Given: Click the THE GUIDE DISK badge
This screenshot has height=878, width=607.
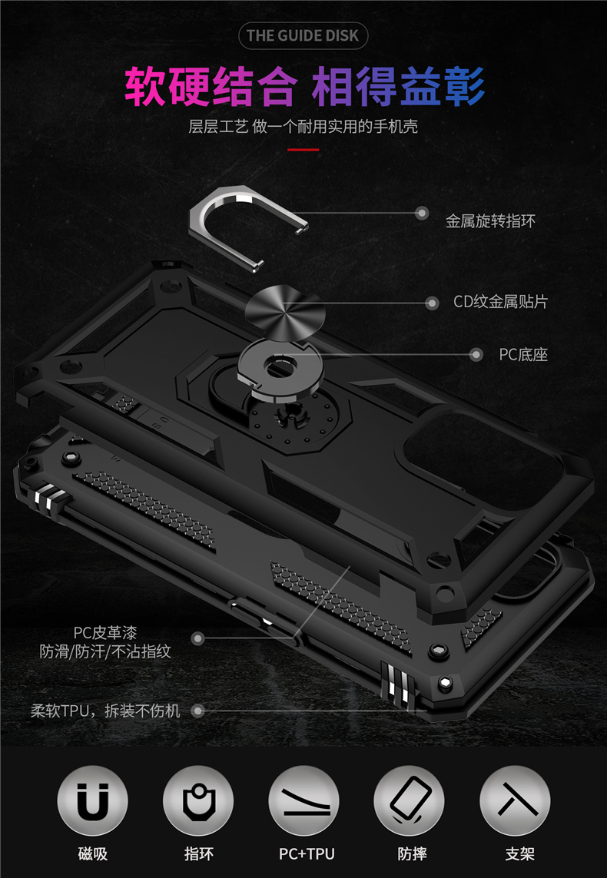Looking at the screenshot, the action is click(303, 35).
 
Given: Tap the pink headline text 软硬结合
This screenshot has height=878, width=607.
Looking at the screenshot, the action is click(210, 87).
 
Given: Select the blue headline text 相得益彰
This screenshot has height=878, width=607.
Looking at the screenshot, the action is click(398, 87).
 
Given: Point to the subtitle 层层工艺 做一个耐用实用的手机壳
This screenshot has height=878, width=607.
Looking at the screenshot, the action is click(303, 127).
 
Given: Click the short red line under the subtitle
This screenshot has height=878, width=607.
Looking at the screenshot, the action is click(303, 150).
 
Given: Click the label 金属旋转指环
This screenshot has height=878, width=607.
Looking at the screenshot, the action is click(490, 221).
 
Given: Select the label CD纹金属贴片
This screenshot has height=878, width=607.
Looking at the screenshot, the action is click(500, 302).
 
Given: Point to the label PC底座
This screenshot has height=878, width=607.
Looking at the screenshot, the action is click(523, 354).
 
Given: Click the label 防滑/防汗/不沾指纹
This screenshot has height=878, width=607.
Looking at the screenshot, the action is click(105, 651).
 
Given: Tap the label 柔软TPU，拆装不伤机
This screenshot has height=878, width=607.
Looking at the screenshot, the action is click(105, 711).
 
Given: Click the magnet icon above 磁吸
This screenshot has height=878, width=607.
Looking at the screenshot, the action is click(92, 802).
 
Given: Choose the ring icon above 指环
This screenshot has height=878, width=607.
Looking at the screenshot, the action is click(198, 802).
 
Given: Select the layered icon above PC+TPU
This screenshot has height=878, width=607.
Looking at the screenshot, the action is click(303, 802).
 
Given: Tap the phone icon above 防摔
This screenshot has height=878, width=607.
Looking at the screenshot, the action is click(409, 802).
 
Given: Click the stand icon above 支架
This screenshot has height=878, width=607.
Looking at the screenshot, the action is click(515, 802).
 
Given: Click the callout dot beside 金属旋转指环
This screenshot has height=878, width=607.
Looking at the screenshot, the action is click(422, 213).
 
